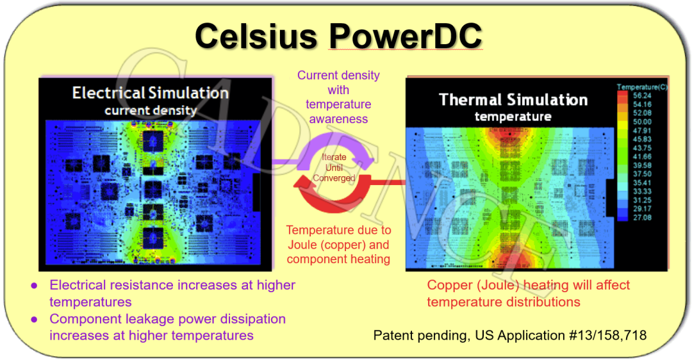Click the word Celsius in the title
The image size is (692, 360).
(x=256, y=35)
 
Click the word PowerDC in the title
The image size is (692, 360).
(x=406, y=35)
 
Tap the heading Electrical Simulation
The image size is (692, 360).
(x=151, y=93)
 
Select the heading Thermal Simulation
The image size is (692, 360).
(x=513, y=100)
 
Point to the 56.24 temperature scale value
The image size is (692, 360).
(x=642, y=95)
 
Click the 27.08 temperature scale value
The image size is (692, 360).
(x=642, y=218)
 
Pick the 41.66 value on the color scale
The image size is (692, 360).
(x=642, y=156)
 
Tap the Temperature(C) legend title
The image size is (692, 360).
(x=642, y=87)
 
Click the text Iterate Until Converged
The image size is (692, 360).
(x=334, y=168)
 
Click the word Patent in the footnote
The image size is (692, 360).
(x=394, y=335)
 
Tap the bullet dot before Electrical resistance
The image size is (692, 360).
(x=34, y=286)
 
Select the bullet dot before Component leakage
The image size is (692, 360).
(x=34, y=320)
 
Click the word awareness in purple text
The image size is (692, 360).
(x=338, y=119)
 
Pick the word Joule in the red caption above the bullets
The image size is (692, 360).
(x=302, y=245)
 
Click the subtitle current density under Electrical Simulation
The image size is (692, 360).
(x=151, y=110)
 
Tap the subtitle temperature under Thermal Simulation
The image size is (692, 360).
(x=513, y=117)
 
